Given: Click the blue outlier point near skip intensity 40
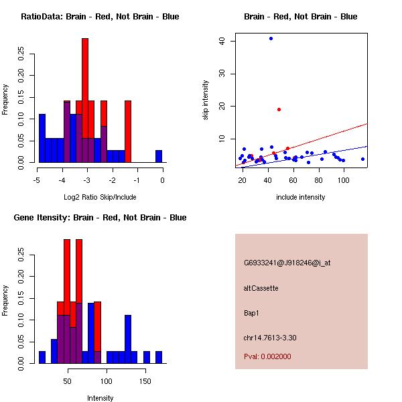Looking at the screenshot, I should (271, 38).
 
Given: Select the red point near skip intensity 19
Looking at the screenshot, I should (279, 109).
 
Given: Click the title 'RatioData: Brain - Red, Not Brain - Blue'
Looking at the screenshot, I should (100, 17).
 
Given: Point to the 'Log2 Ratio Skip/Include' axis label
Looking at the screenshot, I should (100, 197).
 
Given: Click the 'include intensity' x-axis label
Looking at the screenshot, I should (300, 197).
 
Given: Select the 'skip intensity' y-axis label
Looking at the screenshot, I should (206, 100).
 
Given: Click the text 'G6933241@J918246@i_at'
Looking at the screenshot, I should (287, 263).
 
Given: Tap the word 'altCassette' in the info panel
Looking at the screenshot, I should (261, 288).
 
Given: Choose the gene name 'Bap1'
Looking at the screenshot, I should (252, 312).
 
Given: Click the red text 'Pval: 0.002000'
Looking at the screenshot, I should (268, 356).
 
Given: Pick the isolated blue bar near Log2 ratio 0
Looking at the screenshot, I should (159, 156).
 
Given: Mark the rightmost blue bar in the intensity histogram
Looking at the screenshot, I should (159, 357).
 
